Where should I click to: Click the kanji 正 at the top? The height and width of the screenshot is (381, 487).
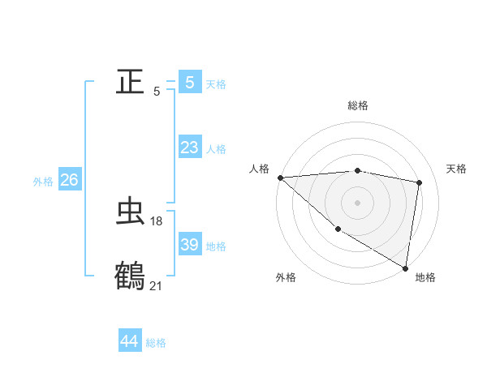pos(130,82)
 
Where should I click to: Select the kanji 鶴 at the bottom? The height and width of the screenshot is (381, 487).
pos(130,276)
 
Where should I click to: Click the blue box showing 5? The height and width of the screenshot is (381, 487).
pos(189,82)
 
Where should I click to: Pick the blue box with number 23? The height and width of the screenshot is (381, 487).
pos(189,148)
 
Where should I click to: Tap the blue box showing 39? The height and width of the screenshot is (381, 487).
pos(189,245)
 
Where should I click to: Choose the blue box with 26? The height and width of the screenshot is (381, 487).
pos(69,180)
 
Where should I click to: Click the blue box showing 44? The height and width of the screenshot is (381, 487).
pos(129,341)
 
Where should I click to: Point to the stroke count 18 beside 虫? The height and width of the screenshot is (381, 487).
pos(157,220)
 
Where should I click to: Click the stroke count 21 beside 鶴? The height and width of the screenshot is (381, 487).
pos(156,285)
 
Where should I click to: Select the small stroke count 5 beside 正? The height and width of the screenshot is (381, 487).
pos(157,92)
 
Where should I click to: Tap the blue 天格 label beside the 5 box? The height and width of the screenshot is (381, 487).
pos(216,83)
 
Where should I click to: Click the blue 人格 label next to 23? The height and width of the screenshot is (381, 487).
pos(216,149)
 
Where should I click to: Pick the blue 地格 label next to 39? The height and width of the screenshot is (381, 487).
pos(216,246)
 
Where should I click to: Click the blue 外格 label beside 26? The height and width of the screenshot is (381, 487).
pos(43,182)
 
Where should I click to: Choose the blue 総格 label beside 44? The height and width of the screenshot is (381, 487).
pos(156,343)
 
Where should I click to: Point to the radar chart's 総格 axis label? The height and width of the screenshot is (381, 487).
pos(357,105)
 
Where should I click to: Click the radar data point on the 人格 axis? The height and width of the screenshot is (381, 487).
pos(280,178)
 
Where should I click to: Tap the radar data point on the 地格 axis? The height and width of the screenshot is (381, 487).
pos(404,267)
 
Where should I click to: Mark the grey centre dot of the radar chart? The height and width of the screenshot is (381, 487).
pos(357,203)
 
